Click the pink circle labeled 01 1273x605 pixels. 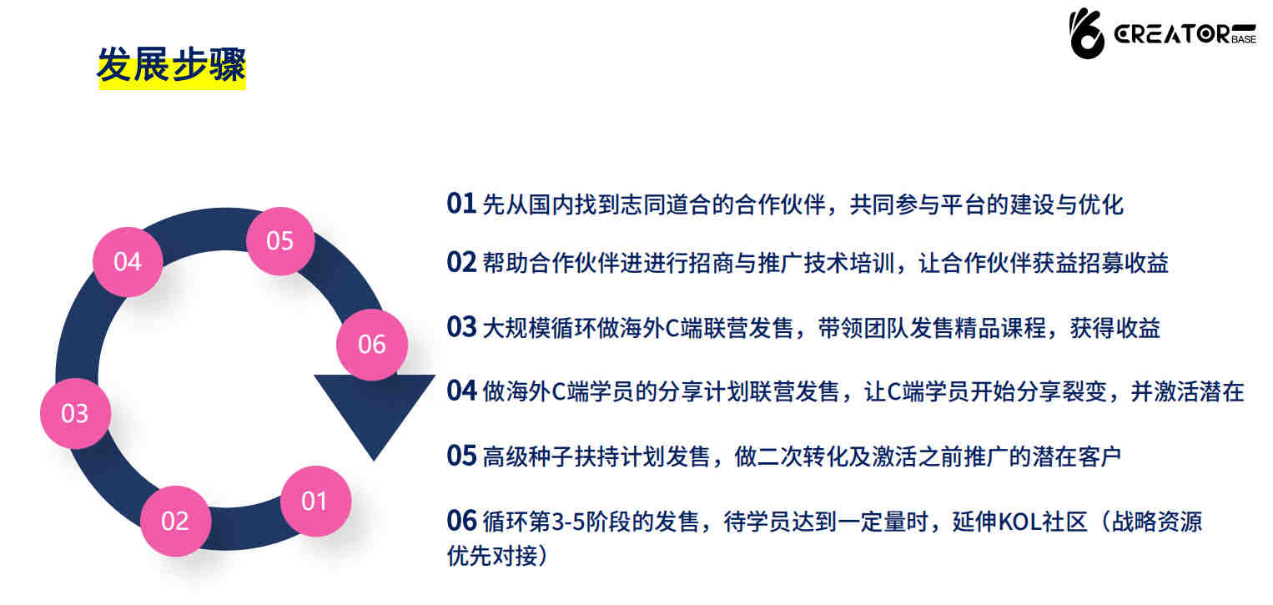(x=315, y=501)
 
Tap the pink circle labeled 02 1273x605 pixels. (x=176, y=521)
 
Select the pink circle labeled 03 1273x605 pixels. (x=76, y=413)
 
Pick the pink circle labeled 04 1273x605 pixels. (x=128, y=261)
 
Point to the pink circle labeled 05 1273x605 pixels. (x=280, y=241)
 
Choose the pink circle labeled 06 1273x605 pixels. (x=372, y=345)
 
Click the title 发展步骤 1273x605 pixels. (x=172, y=65)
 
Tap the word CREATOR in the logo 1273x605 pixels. (x=1172, y=34)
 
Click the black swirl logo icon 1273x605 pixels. (x=1087, y=33)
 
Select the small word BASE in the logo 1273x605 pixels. (x=1244, y=39)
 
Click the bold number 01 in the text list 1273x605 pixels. (x=460, y=204)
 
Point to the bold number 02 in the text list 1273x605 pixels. (x=460, y=262)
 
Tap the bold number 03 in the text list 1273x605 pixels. (x=460, y=327)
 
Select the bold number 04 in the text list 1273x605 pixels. (x=460, y=391)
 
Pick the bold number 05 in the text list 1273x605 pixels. (x=460, y=456)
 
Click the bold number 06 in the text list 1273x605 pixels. (x=460, y=520)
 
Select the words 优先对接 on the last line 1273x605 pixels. (x=492, y=556)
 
